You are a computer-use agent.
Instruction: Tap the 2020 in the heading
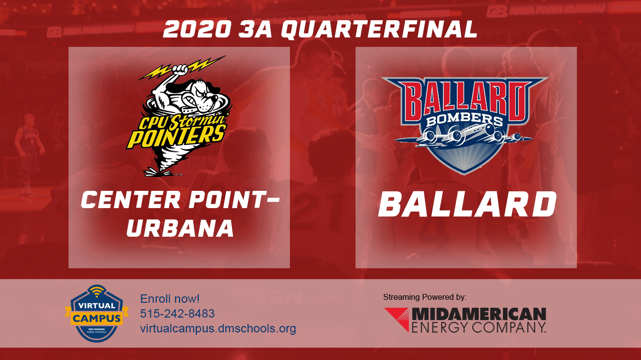[197, 30]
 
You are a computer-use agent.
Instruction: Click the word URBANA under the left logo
[180, 227]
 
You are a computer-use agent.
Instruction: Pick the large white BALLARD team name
[466, 205]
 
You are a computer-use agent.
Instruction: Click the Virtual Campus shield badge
[97, 314]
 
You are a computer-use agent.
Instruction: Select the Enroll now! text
[170, 299]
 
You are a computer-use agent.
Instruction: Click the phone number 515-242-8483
[178, 314]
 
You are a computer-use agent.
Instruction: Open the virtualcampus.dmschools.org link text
[218, 328]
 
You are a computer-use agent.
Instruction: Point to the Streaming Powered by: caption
[425, 297]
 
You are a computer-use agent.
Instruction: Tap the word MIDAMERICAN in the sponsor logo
[478, 314]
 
